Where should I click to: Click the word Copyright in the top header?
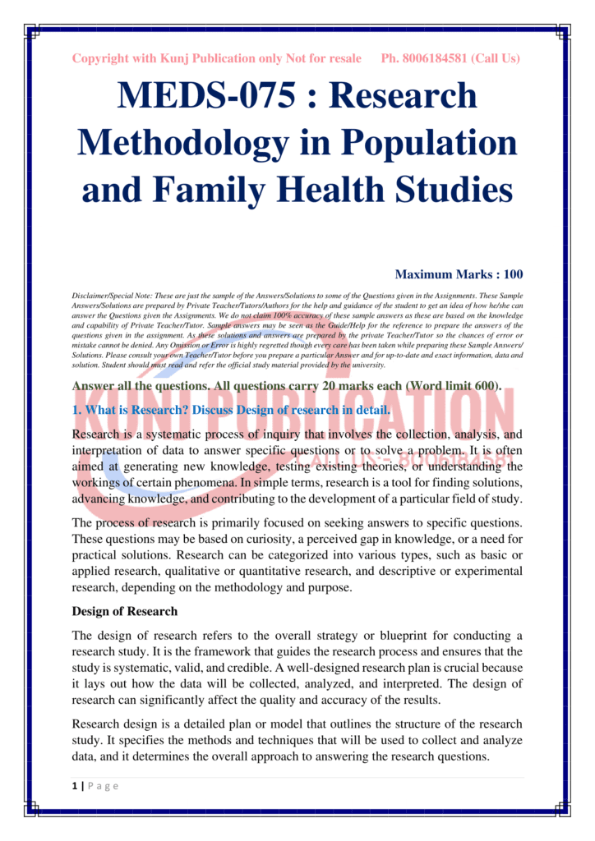[103, 58]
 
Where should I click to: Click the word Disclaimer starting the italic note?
[92, 293]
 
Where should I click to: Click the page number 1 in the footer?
[74, 786]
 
